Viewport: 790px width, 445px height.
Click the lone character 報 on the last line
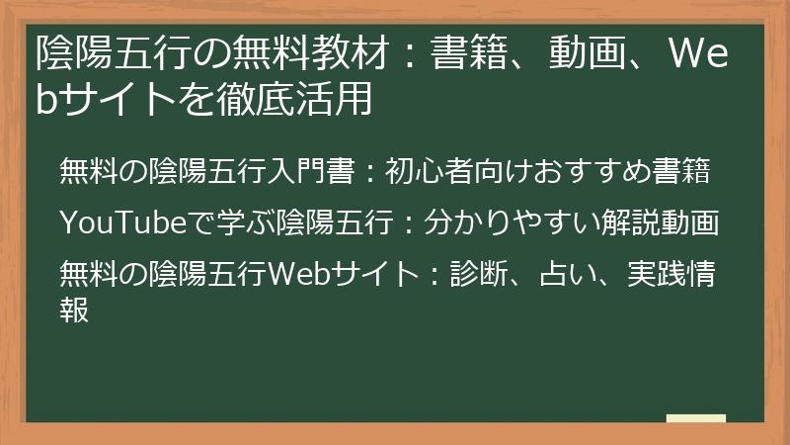[75, 309]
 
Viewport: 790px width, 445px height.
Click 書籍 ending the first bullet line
[686, 172]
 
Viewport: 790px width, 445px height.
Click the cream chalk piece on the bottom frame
[696, 419]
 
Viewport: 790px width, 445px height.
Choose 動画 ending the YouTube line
[688, 223]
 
